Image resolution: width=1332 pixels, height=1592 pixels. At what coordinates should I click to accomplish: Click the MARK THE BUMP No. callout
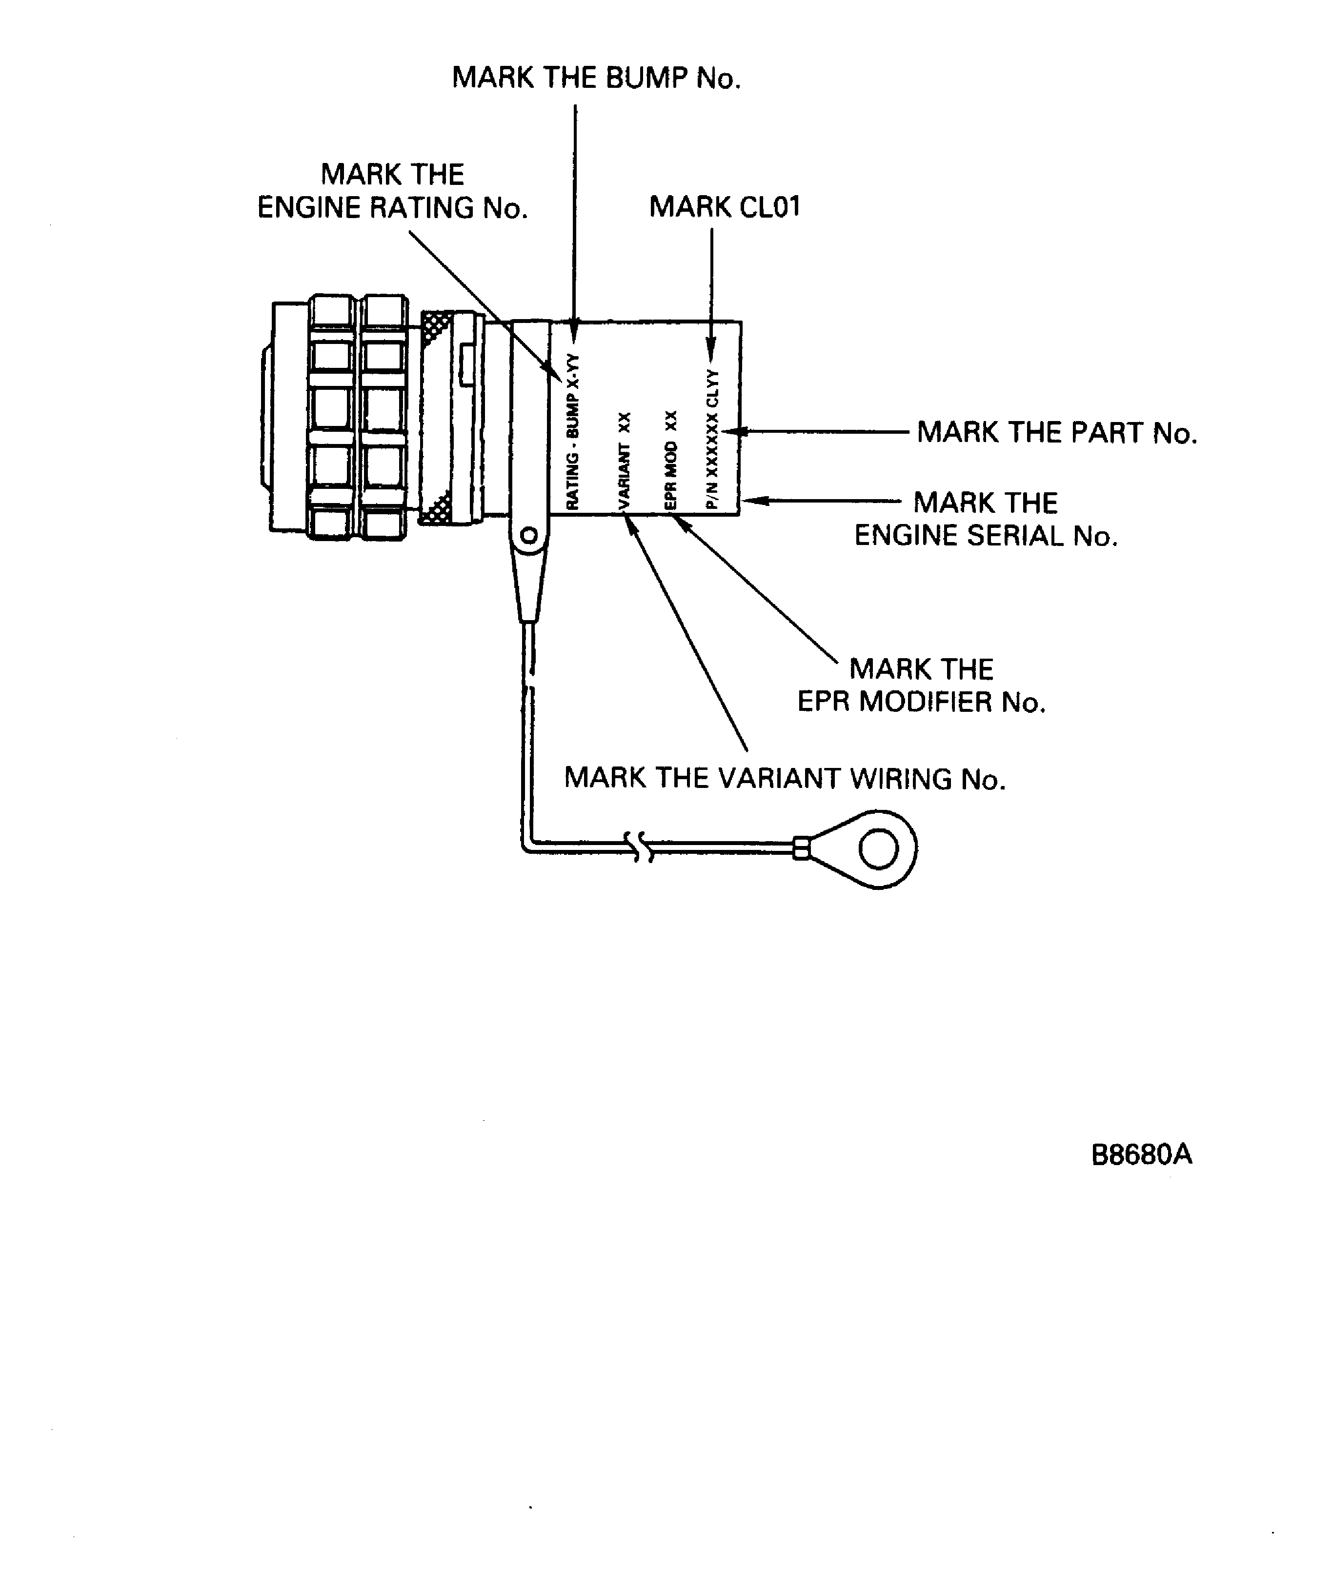pyautogui.click(x=596, y=78)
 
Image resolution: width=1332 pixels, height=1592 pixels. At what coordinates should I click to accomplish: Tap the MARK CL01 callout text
pyautogui.click(x=724, y=207)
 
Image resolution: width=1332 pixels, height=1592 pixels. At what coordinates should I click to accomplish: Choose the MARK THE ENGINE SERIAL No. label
pyautogui.click(x=986, y=519)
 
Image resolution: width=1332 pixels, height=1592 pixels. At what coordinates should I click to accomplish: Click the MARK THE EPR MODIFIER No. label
pyautogui.click(x=921, y=685)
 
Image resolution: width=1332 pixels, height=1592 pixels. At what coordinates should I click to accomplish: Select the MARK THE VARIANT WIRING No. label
pyautogui.click(x=785, y=779)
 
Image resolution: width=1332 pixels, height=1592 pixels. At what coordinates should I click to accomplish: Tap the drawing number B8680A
pyautogui.click(x=1141, y=1154)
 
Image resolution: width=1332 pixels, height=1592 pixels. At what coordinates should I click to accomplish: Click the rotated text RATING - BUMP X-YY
pyautogui.click(x=573, y=431)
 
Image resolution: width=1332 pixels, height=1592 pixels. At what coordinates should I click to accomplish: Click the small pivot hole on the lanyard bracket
pyautogui.click(x=529, y=536)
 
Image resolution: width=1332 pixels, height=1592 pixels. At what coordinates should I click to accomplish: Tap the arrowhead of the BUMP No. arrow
pyautogui.click(x=575, y=334)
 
